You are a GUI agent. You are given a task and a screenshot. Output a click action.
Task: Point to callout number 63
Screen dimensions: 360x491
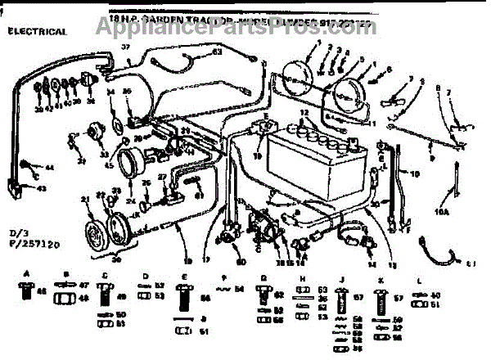pos(218,52)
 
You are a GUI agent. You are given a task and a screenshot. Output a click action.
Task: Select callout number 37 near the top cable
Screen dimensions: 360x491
pos(127,48)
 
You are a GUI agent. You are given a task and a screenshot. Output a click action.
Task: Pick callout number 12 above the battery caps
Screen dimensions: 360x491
pos(304,112)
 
